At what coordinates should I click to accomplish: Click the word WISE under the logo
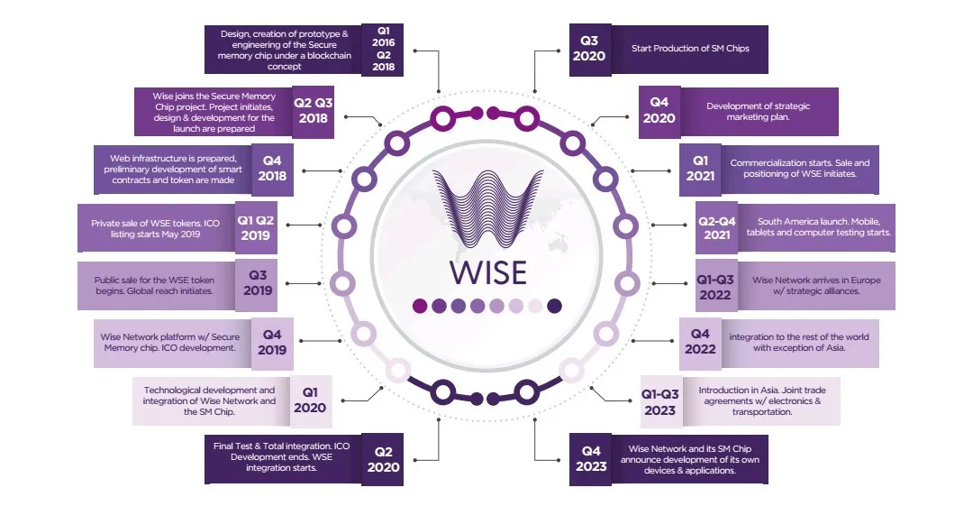coord(487,272)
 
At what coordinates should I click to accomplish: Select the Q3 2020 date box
coord(589,49)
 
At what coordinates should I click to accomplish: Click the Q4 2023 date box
coord(591,459)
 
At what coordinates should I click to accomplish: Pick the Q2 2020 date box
coord(383,459)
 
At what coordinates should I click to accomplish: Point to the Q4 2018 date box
coord(272,170)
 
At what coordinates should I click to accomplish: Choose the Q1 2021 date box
coord(701,169)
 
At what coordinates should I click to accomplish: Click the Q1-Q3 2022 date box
coord(715,287)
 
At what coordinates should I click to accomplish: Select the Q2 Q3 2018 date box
coord(314,111)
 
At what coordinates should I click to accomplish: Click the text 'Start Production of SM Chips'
coord(690,49)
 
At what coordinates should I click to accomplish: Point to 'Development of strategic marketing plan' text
coord(758,111)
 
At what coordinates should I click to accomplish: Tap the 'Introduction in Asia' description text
coord(762,401)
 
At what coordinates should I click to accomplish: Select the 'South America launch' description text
coord(818,227)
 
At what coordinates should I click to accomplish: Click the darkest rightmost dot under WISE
coord(555,305)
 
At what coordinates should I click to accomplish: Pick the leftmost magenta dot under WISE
coord(420,305)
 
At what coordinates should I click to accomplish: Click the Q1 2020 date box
coord(310,401)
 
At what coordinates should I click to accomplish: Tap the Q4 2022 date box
coord(701,343)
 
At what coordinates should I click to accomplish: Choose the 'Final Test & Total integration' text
coord(281,457)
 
